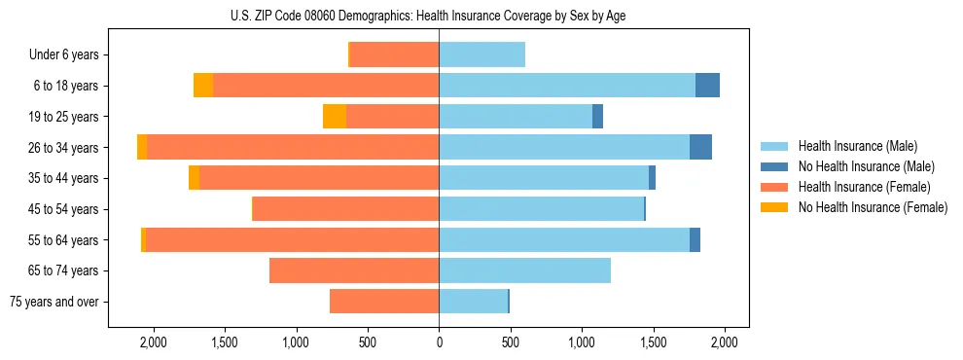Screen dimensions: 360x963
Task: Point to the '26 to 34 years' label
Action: [63, 148]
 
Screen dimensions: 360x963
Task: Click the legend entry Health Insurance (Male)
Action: [866, 146]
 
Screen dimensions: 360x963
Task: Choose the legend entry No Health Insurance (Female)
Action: [873, 207]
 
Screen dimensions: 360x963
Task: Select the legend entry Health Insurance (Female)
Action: [866, 187]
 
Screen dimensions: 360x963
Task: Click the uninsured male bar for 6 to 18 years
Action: [707, 86]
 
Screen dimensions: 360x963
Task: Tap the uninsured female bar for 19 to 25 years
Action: [335, 117]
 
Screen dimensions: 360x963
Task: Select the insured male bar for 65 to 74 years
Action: [524, 270]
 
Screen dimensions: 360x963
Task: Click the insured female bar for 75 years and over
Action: [384, 302]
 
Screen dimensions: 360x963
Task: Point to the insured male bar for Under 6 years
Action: [481, 55]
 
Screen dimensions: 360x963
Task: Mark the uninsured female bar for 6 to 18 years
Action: [203, 86]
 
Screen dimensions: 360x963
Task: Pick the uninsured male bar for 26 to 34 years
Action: [700, 147]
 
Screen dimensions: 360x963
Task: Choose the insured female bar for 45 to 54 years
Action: [345, 209]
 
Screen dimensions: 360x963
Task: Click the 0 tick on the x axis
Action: [439, 342]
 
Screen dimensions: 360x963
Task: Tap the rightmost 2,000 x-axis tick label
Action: [724, 342]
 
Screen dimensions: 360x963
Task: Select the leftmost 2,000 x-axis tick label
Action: [154, 342]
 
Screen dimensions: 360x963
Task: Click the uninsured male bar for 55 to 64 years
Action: [695, 239]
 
